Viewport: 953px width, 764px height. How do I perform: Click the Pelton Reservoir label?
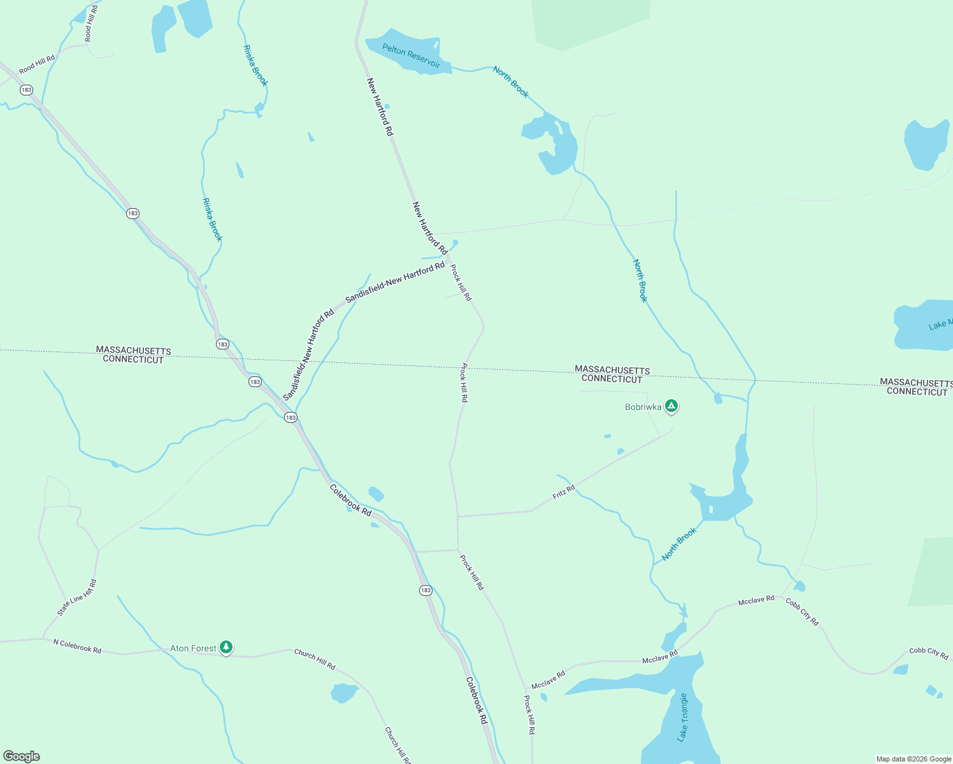coord(411,55)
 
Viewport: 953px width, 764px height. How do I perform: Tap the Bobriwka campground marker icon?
coord(671,406)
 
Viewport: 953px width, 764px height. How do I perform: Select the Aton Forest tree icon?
coord(226,647)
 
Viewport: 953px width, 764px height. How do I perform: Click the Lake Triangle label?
coord(683,718)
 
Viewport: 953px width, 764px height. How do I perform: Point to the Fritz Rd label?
coord(563,492)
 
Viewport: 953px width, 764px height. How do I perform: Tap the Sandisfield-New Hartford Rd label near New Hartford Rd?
coord(395,281)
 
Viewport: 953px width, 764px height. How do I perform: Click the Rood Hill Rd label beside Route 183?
coord(37,64)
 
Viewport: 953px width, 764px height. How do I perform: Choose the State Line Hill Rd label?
coord(77,597)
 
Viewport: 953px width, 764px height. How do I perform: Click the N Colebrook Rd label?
coord(77,646)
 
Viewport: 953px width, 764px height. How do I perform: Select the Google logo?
coord(22,756)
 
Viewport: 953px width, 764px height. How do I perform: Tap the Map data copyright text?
coord(913,759)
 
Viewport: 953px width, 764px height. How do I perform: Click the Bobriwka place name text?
coord(643,407)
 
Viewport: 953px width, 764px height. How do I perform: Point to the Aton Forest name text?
coord(193,648)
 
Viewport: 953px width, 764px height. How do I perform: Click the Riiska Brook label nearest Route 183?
coord(212,220)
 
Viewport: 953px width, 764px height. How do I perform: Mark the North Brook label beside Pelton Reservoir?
coord(510,82)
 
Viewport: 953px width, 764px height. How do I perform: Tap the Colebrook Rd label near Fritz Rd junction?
coord(350,500)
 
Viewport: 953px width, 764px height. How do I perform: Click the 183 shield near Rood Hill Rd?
coord(26,90)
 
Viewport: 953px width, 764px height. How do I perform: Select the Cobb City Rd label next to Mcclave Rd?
coord(802,612)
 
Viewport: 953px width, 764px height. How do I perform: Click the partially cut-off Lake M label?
coord(940,325)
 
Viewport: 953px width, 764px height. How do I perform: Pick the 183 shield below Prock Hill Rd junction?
coord(426,590)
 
